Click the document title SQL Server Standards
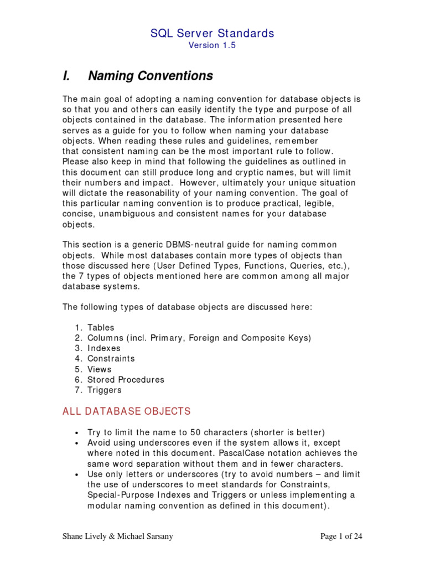pos(212,33)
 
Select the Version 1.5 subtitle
pos(212,45)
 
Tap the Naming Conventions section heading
pos(151,75)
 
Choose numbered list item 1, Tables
pos(101,327)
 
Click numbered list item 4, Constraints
pos(111,359)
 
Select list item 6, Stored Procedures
pos(126,380)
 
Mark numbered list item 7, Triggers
pos(104,390)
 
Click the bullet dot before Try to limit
pos(76,433)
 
